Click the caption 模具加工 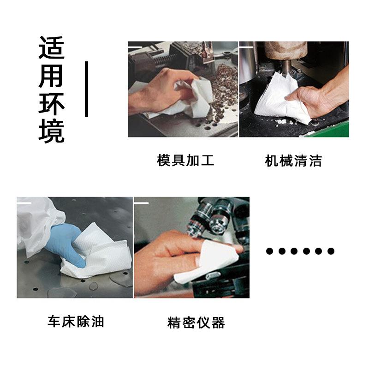tap(185, 160)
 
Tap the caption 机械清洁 tap(293, 161)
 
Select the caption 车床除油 tap(76, 321)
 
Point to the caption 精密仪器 tap(196, 322)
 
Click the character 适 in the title tap(52, 48)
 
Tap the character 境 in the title tap(52, 131)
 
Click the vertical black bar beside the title tap(86, 89)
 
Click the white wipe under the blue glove tap(99, 254)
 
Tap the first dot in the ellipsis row tap(269, 251)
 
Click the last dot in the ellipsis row tap(331, 251)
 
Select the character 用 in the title tap(51, 76)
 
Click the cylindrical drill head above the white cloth tap(286, 51)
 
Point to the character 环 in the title tap(52, 103)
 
